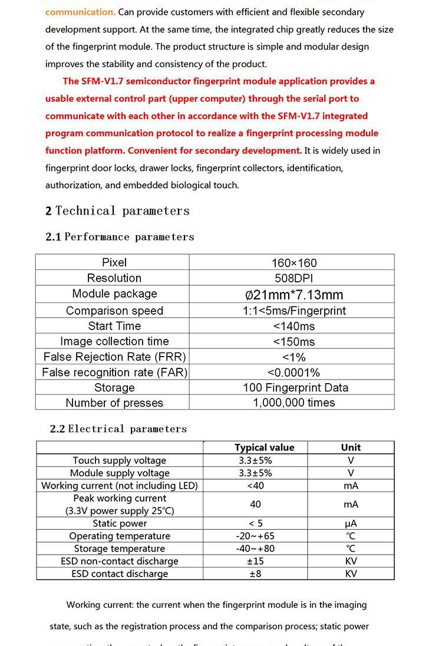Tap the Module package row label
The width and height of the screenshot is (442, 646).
pyautogui.click(x=114, y=294)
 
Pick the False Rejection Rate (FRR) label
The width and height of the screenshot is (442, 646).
pyautogui.click(x=114, y=357)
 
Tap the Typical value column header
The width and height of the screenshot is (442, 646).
pyautogui.click(x=264, y=447)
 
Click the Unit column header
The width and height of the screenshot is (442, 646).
pyautogui.click(x=351, y=447)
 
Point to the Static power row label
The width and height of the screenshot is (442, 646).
pyautogui.click(x=120, y=523)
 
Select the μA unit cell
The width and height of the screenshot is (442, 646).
pyautogui.click(x=351, y=523)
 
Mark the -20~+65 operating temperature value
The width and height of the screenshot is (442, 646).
pyautogui.click(x=255, y=536)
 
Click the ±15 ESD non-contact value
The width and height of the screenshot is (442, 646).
pyautogui.click(x=255, y=561)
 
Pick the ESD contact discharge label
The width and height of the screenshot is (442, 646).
pyautogui.click(x=120, y=574)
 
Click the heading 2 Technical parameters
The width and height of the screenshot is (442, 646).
pyautogui.click(x=117, y=211)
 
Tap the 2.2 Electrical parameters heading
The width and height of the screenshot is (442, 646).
pyautogui.click(x=118, y=429)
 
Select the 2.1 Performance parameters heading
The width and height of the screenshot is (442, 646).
pyautogui.click(x=120, y=237)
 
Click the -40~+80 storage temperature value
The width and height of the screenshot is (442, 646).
pyautogui.click(x=255, y=548)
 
